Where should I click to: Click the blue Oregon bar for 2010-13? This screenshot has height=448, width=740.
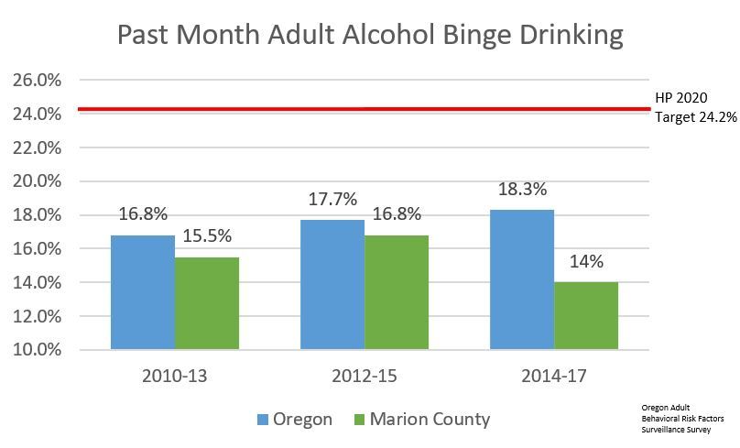pos(142,292)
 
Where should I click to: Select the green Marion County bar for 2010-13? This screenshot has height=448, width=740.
pos(206,303)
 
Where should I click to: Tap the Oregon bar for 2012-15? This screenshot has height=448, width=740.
pos(332,285)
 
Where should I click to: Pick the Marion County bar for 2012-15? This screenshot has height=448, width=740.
pos(397,292)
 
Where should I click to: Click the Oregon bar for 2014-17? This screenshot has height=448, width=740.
pos(522,279)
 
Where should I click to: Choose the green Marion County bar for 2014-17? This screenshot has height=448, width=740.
pos(586,316)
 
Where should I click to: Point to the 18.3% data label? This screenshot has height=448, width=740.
pos(523,191)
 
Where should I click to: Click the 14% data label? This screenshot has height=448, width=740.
pos(587,262)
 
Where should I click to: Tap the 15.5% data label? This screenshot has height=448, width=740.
pos(207,237)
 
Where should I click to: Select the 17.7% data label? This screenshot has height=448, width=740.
pos(332,200)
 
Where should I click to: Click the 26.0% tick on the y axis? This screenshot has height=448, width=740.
pos(38,81)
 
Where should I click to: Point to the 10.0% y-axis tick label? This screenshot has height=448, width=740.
pos(38,350)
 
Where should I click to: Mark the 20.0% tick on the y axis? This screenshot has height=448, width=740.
pos(38,181)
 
